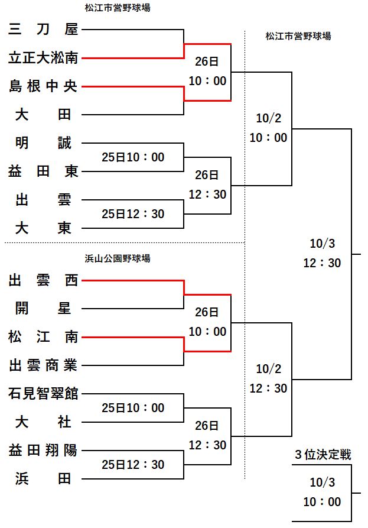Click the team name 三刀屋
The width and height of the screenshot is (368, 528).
43,28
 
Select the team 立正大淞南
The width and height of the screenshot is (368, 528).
43,57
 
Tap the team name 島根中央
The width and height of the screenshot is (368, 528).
43,86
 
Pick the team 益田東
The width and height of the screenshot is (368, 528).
43,171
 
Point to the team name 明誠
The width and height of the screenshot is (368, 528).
43,142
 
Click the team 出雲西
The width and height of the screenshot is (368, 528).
43,281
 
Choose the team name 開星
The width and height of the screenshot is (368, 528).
43,308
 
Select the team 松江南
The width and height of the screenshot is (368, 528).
43,337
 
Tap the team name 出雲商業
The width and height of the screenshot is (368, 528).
43,365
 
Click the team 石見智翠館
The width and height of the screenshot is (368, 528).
43,393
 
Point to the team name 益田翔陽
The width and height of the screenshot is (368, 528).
43,450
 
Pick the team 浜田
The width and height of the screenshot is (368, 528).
43,478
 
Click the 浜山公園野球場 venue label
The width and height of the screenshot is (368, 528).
118,258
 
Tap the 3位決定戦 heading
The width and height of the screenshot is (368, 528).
323,455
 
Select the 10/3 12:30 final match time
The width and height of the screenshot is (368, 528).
322,254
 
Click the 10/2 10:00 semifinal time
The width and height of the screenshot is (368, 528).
269,128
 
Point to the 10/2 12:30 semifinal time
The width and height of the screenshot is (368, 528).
269,379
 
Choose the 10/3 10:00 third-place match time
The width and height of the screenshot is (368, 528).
323,493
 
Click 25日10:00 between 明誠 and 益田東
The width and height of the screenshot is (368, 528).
133,157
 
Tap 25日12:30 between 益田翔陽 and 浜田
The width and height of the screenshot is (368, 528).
133,465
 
